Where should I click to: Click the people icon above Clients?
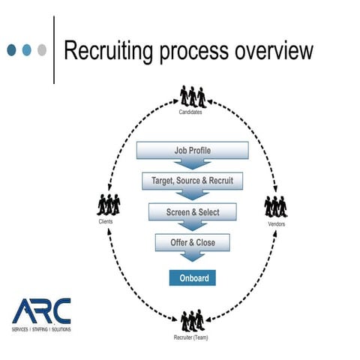pyautogui.click(x=109, y=205)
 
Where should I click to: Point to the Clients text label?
pyautogui.click(x=106, y=222)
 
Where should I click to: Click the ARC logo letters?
pyautogui.click(x=41, y=310)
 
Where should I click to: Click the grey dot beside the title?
pyautogui.click(x=41, y=50)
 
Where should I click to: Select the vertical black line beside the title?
pyautogui.click(x=54, y=50)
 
